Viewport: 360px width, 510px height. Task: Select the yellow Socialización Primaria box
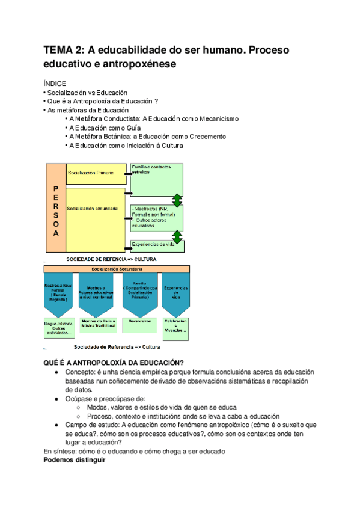(x=95, y=173)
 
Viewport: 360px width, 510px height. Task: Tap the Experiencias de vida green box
(x=157, y=245)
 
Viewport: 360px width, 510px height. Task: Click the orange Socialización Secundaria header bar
(x=117, y=269)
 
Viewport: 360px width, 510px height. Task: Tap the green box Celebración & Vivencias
(x=175, y=327)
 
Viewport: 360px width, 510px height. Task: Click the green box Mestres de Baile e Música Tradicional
(x=99, y=325)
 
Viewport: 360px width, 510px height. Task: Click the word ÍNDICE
(x=55, y=83)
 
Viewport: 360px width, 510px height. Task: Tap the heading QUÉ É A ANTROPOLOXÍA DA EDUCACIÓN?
(x=114, y=363)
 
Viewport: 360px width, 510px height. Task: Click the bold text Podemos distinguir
(x=75, y=460)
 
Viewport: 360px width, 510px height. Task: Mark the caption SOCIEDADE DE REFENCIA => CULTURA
(x=111, y=259)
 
